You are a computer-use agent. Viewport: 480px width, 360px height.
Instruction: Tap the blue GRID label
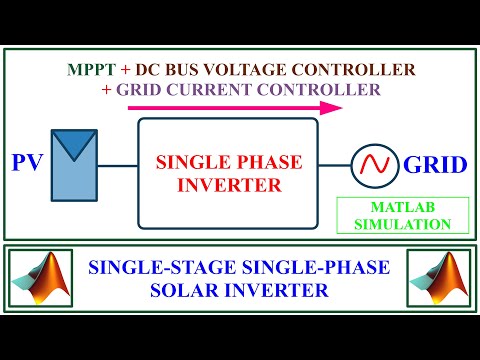point(434,162)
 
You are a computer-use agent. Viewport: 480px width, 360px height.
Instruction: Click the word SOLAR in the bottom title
point(209,291)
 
